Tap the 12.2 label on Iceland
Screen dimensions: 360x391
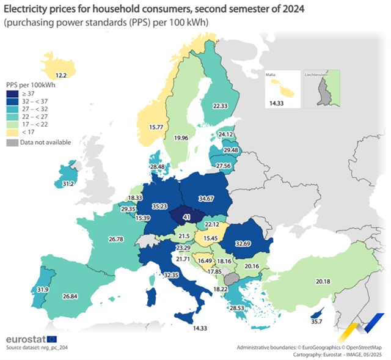(61, 75)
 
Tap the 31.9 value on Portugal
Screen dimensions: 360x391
(26, 289)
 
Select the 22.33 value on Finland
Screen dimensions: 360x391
(220, 106)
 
